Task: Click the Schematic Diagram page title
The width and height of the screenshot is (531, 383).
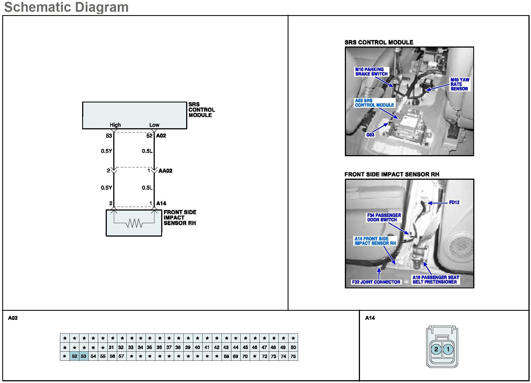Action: point(66,7)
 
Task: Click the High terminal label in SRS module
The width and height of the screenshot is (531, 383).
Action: point(115,125)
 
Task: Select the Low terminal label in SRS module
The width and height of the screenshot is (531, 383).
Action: point(154,125)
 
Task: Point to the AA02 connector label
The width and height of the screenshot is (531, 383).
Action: point(165,171)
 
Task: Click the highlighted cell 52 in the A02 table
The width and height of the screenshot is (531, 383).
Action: point(74,356)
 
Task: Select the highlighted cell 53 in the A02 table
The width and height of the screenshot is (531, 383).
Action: point(84,356)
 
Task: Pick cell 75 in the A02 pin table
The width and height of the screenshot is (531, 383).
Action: point(293,356)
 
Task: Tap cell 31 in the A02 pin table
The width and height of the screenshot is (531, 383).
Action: point(111,347)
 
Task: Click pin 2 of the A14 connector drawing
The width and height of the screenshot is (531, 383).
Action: point(436,349)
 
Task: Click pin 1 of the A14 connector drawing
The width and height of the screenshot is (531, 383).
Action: point(448,349)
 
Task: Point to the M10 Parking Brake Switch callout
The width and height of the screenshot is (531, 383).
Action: point(371,72)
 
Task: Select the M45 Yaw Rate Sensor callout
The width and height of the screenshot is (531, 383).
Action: point(460,84)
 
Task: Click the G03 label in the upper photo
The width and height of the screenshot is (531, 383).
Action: point(370,135)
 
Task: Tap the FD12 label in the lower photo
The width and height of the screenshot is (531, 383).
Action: point(454,202)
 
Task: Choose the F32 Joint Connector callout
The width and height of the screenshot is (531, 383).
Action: point(376,282)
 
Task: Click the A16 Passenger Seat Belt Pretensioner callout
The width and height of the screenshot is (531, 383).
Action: point(435,280)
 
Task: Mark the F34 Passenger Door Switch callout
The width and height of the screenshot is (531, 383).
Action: point(384,218)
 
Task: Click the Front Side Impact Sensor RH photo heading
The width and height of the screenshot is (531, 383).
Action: point(392,174)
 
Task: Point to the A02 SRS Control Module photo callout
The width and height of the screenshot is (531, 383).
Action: point(374,103)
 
